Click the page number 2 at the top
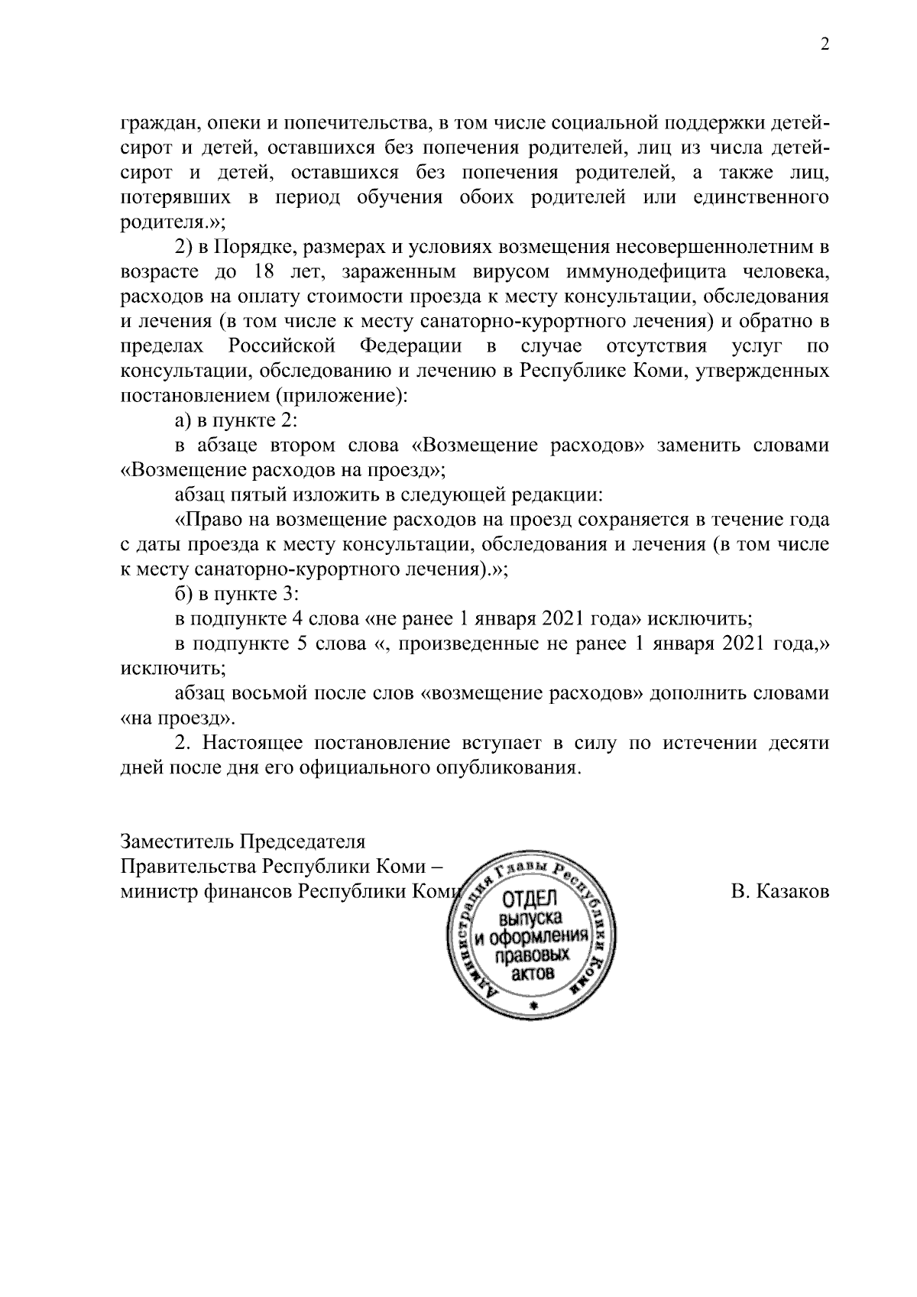pyautogui.click(x=824, y=45)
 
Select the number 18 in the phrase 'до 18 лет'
pyautogui.click(x=262, y=272)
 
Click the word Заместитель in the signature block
pyautogui.click(x=178, y=842)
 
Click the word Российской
pyautogui.click(x=282, y=346)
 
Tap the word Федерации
pyautogui.click(x=410, y=346)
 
